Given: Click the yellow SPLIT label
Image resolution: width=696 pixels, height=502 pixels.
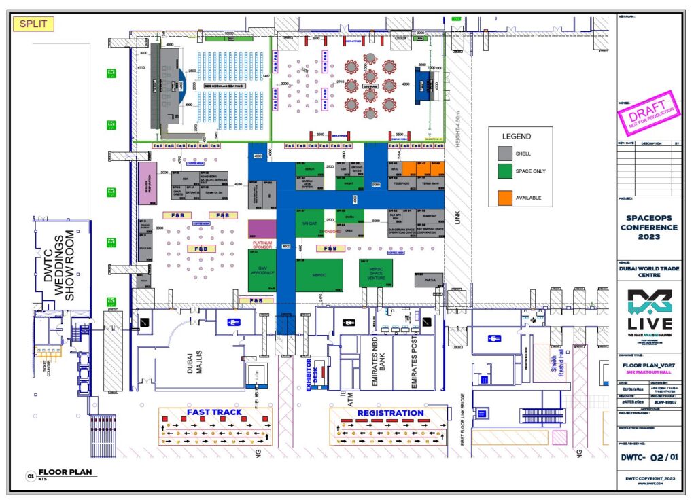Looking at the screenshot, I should click(33, 24).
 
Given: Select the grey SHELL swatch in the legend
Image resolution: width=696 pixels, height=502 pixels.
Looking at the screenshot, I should click(506, 153).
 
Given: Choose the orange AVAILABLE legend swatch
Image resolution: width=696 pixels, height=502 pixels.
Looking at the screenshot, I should click(506, 197).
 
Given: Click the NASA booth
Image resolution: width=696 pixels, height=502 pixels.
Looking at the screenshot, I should click(428, 279).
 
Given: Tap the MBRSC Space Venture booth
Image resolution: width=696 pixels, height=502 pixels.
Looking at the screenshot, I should click(376, 272).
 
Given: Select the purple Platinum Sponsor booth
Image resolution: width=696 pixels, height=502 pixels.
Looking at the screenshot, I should click(262, 229).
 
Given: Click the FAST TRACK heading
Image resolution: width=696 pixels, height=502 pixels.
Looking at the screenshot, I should click(215, 412).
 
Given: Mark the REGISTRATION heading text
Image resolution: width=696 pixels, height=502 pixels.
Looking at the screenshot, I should click(390, 412).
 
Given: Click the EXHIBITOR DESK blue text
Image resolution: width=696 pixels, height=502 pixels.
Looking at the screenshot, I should click(311, 372).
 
